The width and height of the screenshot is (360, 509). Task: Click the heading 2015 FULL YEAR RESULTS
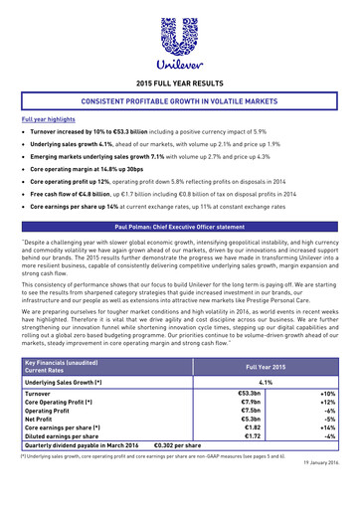[x=180, y=85]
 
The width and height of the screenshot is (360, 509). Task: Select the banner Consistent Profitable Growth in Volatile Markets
[x=180, y=101]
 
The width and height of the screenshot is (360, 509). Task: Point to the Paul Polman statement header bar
[x=180, y=228]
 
